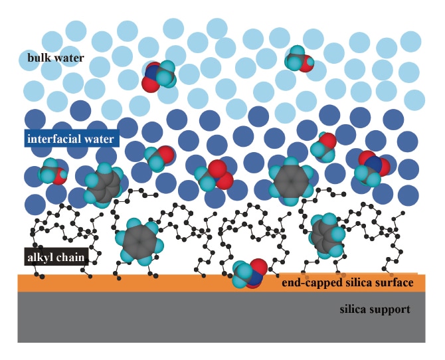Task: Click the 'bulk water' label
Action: click(56, 58)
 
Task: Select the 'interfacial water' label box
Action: click(70, 139)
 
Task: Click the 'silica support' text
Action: click(374, 310)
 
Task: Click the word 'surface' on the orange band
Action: click(396, 283)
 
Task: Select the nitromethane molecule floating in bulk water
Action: click(159, 75)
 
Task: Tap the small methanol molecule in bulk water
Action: click(301, 59)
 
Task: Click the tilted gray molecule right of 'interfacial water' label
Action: click(104, 183)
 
